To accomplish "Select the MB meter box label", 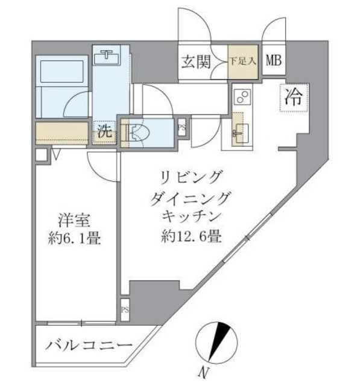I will click(274, 60).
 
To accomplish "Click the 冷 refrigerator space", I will click(294, 96).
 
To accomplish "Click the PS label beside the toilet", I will click(182, 127).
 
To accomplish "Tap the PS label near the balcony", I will click(124, 311).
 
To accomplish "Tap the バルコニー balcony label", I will click(89, 347).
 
